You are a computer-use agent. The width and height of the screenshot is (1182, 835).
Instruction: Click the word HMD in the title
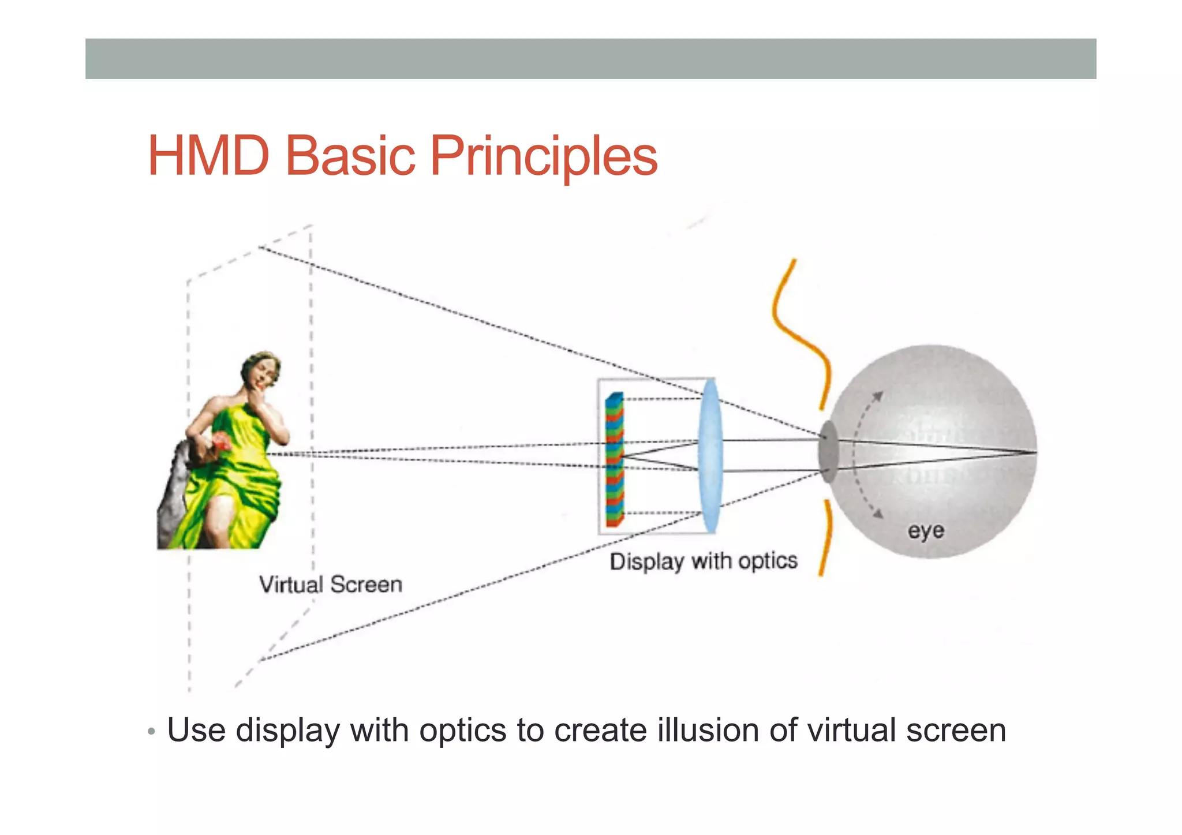208,155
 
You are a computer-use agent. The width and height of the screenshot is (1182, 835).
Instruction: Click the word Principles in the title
543,156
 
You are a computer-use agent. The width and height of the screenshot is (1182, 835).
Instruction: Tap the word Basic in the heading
350,155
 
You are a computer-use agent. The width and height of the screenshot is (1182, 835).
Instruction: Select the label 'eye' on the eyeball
926,530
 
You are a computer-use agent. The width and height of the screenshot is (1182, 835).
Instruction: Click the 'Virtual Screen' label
330,585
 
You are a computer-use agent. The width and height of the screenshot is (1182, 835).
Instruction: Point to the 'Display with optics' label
703,561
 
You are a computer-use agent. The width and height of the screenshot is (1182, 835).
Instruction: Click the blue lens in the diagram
709,456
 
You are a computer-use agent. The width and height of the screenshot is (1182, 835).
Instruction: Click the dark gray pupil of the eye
828,452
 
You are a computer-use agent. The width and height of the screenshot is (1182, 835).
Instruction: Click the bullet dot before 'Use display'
151,732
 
